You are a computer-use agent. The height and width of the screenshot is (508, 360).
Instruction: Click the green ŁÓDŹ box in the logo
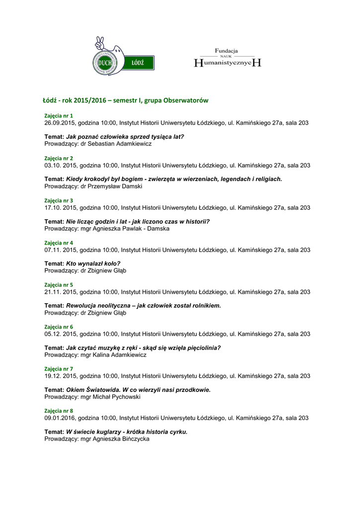[x=138, y=63]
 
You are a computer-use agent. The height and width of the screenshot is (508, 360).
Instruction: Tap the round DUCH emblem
[x=105, y=63]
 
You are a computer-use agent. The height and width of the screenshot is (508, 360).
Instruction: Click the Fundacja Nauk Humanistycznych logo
[x=226, y=58]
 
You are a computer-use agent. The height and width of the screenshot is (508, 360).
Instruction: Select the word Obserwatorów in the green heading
[x=186, y=101]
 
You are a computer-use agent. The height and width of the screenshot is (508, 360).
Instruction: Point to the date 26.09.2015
[x=60, y=123]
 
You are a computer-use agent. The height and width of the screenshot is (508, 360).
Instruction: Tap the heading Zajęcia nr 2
[x=59, y=158]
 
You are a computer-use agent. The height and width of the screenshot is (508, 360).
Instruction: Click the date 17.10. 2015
[x=61, y=207]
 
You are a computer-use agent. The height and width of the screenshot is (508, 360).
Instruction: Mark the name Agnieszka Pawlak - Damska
[x=131, y=229]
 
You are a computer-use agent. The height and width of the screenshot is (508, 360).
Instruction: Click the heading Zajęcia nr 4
[x=59, y=243]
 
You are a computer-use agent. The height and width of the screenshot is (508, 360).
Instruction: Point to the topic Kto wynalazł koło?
[x=93, y=263]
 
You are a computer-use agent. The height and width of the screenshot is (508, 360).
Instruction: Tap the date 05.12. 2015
[x=61, y=334]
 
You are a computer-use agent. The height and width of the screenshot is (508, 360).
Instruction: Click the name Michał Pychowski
[x=117, y=397]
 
